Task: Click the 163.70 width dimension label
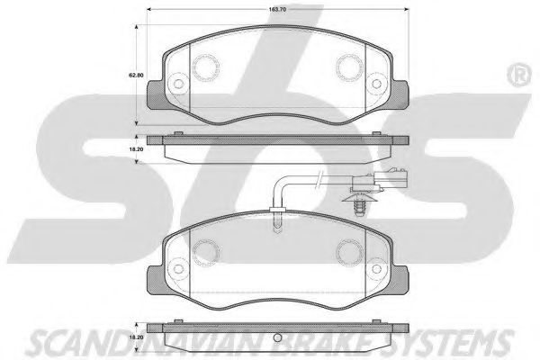pyautogui.click(x=277, y=9)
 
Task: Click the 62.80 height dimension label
pyautogui.click(x=136, y=75)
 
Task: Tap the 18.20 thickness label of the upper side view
pyautogui.click(x=136, y=149)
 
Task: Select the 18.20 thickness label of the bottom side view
pyautogui.click(x=136, y=337)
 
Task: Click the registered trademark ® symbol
pyautogui.click(x=519, y=75)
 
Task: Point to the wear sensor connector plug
pyautogui.click(x=379, y=178)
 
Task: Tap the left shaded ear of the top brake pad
pyautogui.click(x=157, y=95)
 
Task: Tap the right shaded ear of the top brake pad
pyautogui.click(x=400, y=95)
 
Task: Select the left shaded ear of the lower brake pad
pyautogui.click(x=157, y=280)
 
